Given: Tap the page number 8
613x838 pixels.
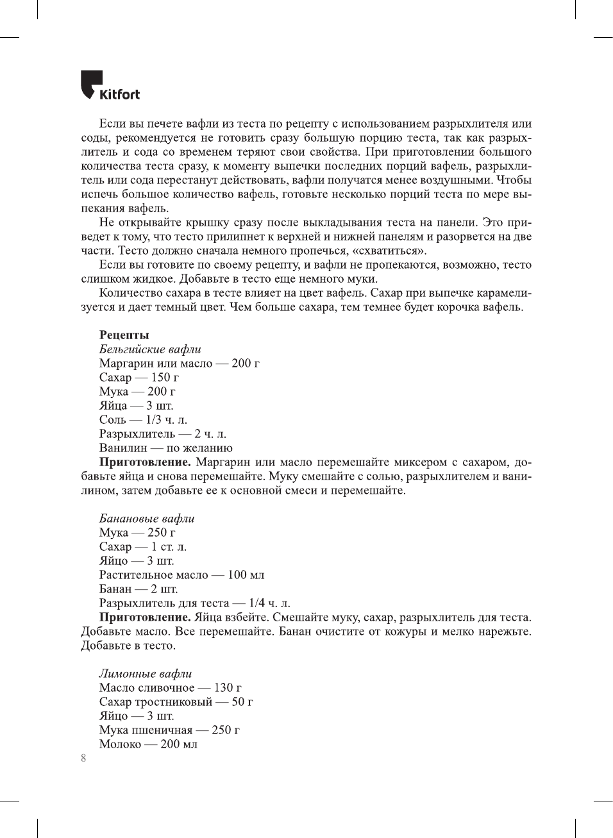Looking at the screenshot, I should pos(83,758).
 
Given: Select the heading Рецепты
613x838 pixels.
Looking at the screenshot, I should pos(124,335).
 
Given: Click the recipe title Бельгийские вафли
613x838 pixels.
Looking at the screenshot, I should pos(150,349).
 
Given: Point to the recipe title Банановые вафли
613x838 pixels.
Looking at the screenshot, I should pos(147,518).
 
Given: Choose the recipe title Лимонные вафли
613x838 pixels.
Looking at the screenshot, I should pos(146,673).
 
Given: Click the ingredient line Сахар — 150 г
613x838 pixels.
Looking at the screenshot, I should pos(139,377).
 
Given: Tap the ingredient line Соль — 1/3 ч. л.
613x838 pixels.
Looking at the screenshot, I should pos(143,419).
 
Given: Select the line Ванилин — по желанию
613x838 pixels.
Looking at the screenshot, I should pos(165,448).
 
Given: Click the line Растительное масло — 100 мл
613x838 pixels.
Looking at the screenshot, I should pos(181,574).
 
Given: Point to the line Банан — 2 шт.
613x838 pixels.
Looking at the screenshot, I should pos(139,589).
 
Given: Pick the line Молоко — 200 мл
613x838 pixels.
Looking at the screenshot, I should pos(148,744).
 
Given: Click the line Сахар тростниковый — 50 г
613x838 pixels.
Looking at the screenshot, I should pos(176,701).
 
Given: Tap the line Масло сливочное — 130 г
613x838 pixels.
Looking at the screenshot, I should pos(170,687).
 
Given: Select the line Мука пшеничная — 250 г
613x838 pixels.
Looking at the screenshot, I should pos(169,730).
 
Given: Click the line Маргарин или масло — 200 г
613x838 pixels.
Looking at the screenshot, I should pos(179,363).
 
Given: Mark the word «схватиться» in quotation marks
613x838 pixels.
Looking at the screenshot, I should pos(389,251).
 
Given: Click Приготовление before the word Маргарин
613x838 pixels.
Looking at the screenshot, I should pos(145,462).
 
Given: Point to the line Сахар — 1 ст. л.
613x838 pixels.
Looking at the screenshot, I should pos(143,546).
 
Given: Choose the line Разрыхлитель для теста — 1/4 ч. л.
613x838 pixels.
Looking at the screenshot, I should pos(194,603).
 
